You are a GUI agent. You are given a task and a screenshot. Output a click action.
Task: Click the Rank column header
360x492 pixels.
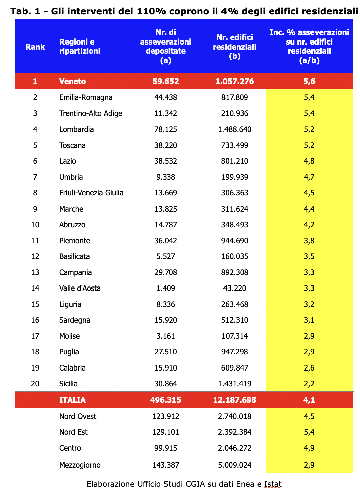pyautogui.click(x=35, y=47)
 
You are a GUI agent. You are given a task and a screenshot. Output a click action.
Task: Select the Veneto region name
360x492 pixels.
pyautogui.click(x=72, y=81)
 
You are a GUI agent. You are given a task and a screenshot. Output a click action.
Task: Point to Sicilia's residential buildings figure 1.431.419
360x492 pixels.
pyautogui.click(x=235, y=384)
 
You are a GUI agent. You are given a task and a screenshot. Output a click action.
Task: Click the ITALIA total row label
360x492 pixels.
pyautogui.click(x=72, y=400)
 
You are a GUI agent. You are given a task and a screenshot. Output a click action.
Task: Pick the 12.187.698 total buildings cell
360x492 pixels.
pyautogui.click(x=235, y=400)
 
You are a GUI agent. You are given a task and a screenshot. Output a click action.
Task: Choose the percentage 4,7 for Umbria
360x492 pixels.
pyautogui.click(x=309, y=177)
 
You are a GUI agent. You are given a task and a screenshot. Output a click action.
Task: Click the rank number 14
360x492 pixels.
pyautogui.click(x=35, y=288)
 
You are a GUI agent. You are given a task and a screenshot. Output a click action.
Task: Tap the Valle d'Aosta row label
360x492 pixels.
pyautogui.click(x=80, y=288)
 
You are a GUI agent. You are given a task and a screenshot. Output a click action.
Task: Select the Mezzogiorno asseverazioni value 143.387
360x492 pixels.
pyautogui.click(x=166, y=465)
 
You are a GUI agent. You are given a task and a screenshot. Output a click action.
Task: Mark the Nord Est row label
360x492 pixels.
pyautogui.click(x=73, y=432)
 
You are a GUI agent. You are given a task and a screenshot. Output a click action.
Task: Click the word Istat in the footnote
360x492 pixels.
pyautogui.click(x=273, y=484)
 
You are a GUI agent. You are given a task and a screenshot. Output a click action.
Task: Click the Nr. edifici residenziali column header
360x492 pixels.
pyautogui.click(x=235, y=47)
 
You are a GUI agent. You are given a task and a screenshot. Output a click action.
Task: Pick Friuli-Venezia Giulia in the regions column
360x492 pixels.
pyautogui.click(x=91, y=193)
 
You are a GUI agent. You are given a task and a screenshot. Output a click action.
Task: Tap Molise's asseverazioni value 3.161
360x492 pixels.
pyautogui.click(x=166, y=336)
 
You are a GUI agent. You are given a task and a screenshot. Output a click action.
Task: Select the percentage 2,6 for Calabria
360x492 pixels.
pyautogui.click(x=309, y=368)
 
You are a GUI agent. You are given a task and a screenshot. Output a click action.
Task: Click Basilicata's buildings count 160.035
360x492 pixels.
pyautogui.click(x=235, y=256)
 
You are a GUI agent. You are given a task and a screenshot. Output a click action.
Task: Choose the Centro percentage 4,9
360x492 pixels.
pyautogui.click(x=309, y=448)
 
